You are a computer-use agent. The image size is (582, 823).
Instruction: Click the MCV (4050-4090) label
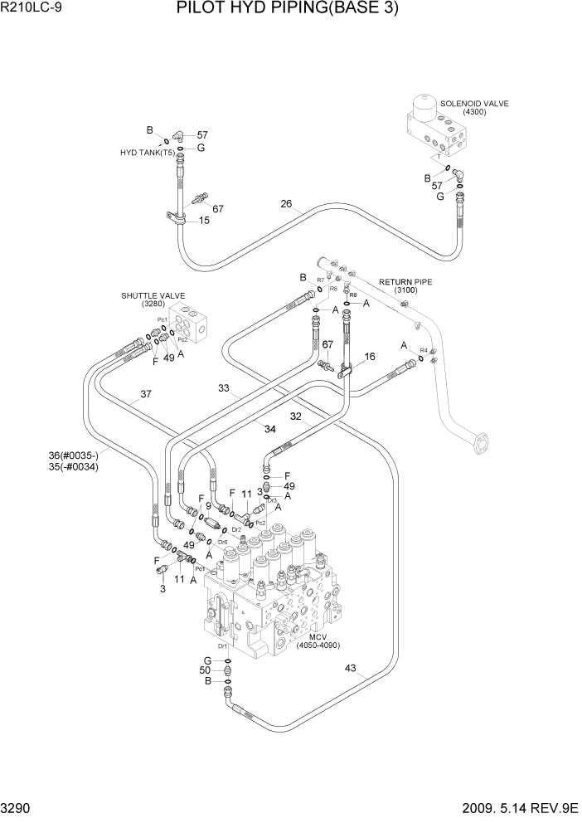(318, 640)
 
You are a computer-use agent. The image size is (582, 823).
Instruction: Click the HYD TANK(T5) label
(148, 153)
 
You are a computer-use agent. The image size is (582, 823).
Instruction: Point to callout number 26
(286, 204)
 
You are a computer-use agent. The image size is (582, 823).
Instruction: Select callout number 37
(145, 395)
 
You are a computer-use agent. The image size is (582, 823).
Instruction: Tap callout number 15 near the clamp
(203, 221)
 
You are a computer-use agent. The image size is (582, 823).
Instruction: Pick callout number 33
(223, 387)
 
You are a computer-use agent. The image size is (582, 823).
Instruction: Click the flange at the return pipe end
(479, 443)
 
